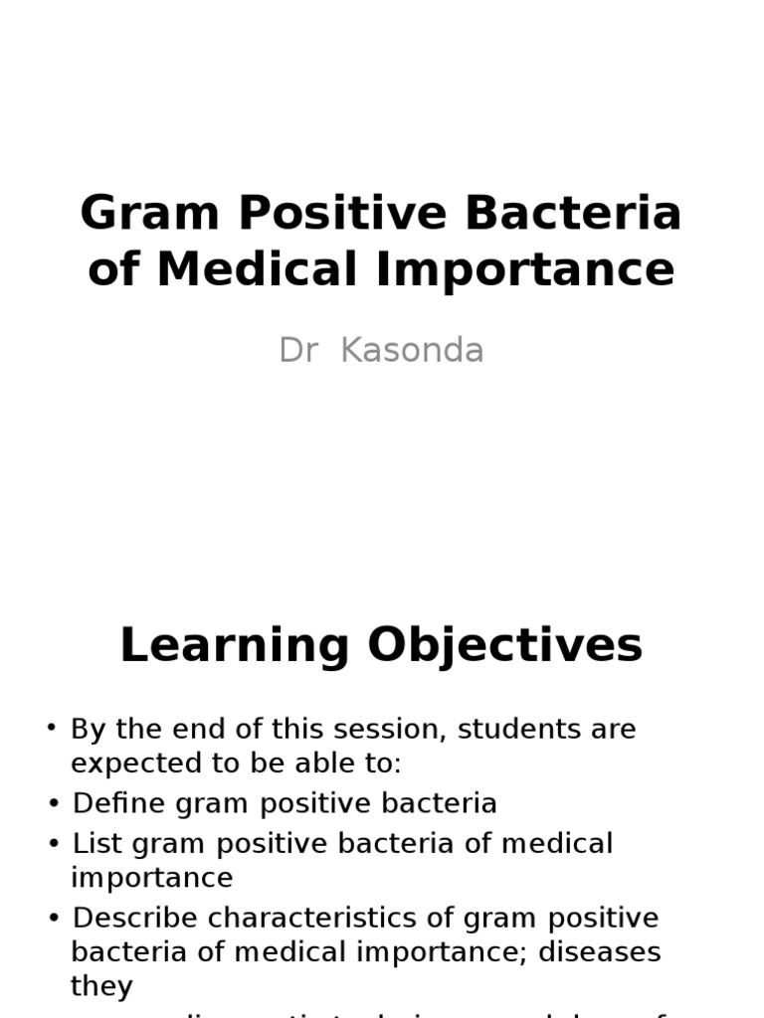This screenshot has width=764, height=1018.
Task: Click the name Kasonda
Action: coord(412,351)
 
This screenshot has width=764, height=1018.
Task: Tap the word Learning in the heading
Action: coord(235,646)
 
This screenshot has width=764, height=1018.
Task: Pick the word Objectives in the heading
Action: coord(505,646)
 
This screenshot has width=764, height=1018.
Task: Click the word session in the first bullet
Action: coord(391,729)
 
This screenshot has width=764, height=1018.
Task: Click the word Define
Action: coord(113,803)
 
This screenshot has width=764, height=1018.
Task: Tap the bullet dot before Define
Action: coord(53,802)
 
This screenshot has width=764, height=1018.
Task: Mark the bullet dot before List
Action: coord(53,842)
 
